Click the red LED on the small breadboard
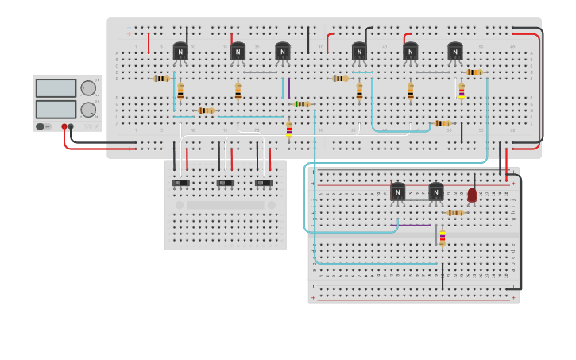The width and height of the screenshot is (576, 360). [x=472, y=195]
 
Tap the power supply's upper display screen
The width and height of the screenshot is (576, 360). [x=55, y=88]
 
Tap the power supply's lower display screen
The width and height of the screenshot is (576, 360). [x=55, y=109]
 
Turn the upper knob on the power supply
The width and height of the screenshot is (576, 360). [x=87, y=88]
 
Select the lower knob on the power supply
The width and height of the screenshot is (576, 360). [x=87, y=110]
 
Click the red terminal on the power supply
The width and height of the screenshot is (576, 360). [x=64, y=126]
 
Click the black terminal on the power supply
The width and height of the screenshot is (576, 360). [x=72, y=126]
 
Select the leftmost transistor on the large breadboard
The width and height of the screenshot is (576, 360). [x=180, y=52]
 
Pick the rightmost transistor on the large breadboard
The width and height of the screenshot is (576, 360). [x=455, y=52]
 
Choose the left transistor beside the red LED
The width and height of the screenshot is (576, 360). [x=397, y=192]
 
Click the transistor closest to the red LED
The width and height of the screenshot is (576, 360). [x=436, y=192]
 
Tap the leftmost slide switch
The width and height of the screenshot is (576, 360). [x=180, y=183]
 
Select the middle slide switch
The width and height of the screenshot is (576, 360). [x=225, y=183]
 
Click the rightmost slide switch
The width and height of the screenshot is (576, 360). [x=264, y=183]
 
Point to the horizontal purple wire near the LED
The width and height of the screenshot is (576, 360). [x=414, y=226]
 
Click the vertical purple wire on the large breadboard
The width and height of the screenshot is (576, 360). [x=289, y=87]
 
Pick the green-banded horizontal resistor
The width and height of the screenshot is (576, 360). [x=302, y=104]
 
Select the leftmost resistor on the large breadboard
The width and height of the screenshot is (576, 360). [x=162, y=79]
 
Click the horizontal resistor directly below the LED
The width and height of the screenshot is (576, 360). [x=454, y=213]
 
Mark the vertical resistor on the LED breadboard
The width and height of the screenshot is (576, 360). [x=443, y=238]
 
